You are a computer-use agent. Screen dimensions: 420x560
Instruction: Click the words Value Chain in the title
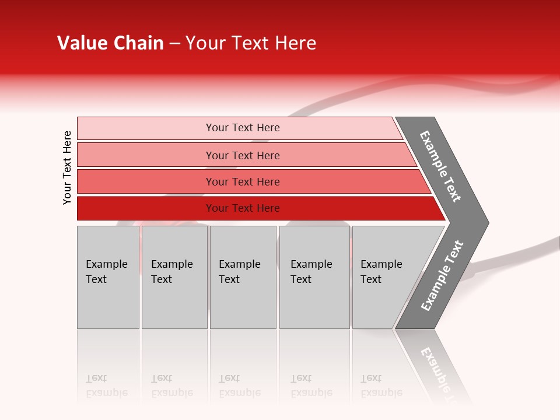click(110, 43)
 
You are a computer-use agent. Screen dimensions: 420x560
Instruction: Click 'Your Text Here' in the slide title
click(251, 43)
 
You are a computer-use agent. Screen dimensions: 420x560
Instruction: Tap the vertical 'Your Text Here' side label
click(67, 167)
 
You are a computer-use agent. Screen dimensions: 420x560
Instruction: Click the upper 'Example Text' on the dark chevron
click(440, 166)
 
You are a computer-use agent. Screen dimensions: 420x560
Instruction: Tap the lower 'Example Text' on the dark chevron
click(442, 275)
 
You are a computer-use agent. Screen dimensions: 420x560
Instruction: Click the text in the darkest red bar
click(243, 208)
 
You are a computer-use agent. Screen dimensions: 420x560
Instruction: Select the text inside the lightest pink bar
click(243, 128)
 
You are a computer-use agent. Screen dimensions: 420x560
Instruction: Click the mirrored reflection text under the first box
click(106, 386)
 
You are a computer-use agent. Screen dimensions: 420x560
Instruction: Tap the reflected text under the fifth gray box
click(381, 386)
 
